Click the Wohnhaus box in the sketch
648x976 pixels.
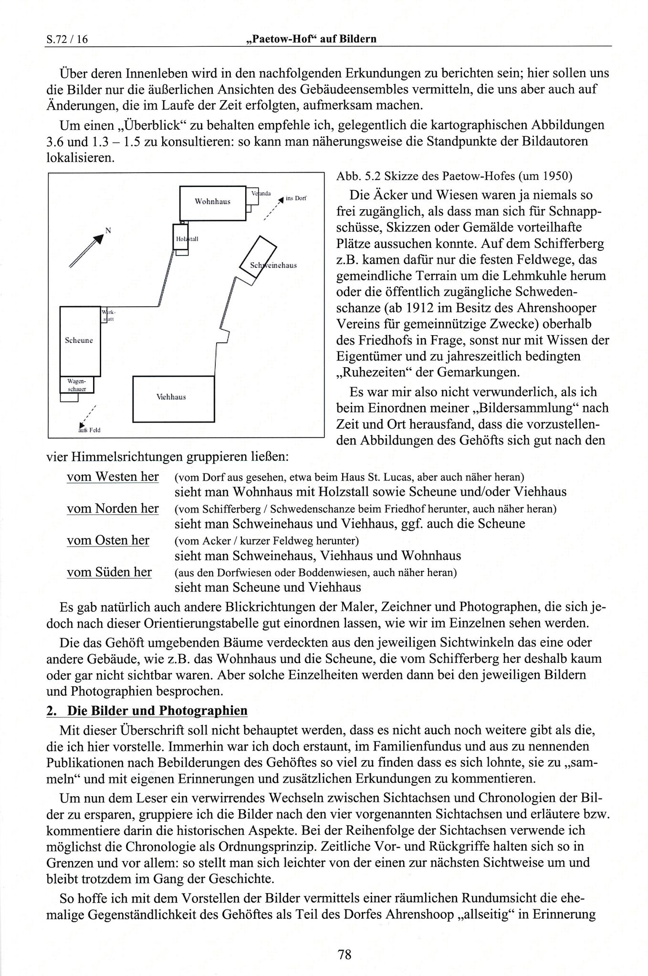click(x=212, y=203)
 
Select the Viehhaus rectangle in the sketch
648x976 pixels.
click(x=173, y=399)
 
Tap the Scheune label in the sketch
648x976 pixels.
click(x=79, y=340)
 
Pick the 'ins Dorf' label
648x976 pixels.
click(x=296, y=198)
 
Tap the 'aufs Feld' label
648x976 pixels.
click(x=89, y=430)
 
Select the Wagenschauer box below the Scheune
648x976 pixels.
click(x=77, y=385)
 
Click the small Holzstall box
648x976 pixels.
click(x=181, y=238)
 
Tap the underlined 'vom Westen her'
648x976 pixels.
click(x=113, y=477)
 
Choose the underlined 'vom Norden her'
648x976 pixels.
click(x=113, y=508)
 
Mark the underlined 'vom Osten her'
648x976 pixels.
click(x=108, y=540)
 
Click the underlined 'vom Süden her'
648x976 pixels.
click(x=109, y=572)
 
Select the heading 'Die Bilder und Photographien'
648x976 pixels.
click(x=157, y=711)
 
